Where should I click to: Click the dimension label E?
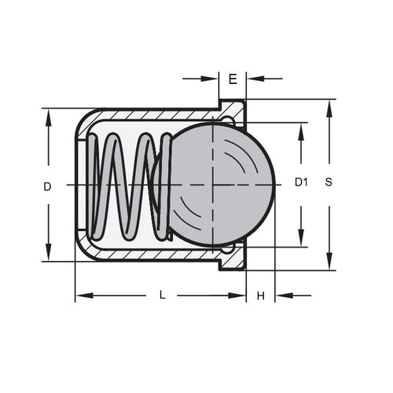point(233,79)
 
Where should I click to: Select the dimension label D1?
point(301,182)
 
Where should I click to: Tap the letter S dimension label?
point(329,182)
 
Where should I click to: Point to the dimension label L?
point(162,296)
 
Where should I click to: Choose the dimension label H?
point(260,296)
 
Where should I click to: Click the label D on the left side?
point(47,186)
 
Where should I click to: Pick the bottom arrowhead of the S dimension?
point(329,263)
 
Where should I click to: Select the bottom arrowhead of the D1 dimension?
point(301,239)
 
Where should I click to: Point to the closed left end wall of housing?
point(79,185)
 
